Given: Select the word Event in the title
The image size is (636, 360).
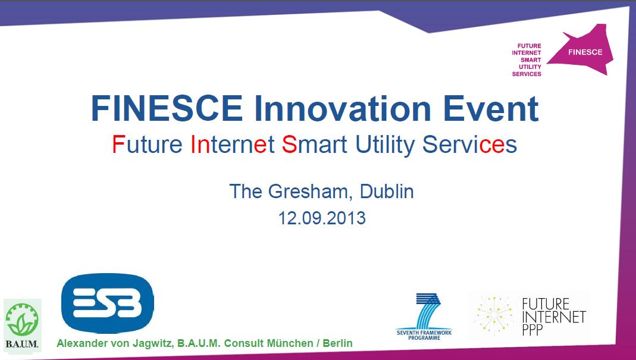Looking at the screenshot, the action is pyautogui.click(x=491, y=108).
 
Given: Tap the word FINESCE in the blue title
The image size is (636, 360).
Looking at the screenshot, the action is pyautogui.click(x=167, y=108).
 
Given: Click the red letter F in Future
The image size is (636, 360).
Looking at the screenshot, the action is pyautogui.click(x=118, y=144).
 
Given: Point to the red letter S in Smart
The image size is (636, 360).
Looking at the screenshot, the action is pyautogui.click(x=290, y=144).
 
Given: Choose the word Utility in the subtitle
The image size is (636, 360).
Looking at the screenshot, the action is pyautogui.click(x=385, y=145).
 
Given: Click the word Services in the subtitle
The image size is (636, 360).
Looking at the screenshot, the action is pyautogui.click(x=469, y=144).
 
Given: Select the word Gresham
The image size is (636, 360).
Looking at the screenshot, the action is pyautogui.click(x=311, y=191).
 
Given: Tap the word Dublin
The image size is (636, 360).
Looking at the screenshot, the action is pyautogui.click(x=387, y=191).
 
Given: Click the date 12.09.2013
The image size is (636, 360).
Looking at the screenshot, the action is pyautogui.click(x=322, y=218).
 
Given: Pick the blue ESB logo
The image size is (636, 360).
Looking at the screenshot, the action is pyautogui.click(x=108, y=303).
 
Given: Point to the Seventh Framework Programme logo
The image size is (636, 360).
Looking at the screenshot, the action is pyautogui.click(x=424, y=317).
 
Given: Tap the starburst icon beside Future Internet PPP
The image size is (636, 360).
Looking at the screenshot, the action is pyautogui.click(x=494, y=315).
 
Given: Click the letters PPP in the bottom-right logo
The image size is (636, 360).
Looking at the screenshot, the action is pyautogui.click(x=532, y=330).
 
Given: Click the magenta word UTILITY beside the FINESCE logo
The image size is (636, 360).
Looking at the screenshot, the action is pyautogui.click(x=530, y=67).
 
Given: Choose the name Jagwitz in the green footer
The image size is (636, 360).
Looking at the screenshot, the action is pyautogui.click(x=154, y=343).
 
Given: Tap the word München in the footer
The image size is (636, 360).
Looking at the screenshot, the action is pyautogui.click(x=289, y=343).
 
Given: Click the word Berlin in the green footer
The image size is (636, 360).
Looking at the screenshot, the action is pyautogui.click(x=337, y=343).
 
